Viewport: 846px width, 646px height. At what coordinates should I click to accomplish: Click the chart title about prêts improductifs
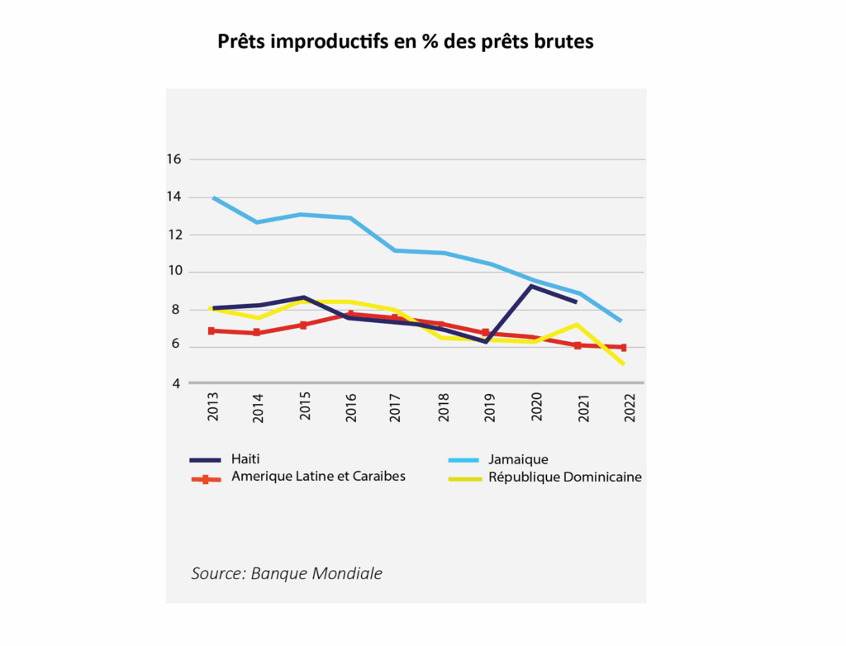(406, 41)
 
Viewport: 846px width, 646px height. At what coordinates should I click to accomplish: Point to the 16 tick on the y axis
(173, 159)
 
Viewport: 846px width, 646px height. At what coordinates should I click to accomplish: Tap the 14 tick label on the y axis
(173, 197)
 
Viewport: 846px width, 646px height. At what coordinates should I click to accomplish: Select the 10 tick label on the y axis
(173, 272)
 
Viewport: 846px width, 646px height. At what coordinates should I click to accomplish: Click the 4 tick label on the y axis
(177, 383)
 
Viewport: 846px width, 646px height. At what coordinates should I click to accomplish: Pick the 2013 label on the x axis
(213, 406)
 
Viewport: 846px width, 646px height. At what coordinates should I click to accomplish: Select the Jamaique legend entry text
(518, 459)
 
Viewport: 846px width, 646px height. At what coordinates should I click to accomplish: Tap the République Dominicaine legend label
(565, 477)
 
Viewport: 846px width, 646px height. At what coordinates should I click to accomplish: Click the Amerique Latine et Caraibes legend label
(318, 477)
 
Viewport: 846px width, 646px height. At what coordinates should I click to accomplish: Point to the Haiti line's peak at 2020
(532, 286)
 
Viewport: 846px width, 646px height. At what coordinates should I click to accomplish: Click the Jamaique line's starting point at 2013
(213, 198)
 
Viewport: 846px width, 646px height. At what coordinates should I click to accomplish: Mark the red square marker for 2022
(623, 348)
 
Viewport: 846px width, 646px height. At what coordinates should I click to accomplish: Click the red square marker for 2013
(212, 330)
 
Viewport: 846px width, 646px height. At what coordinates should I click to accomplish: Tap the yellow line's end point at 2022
(623, 363)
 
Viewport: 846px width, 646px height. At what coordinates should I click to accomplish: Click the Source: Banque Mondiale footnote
(287, 573)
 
